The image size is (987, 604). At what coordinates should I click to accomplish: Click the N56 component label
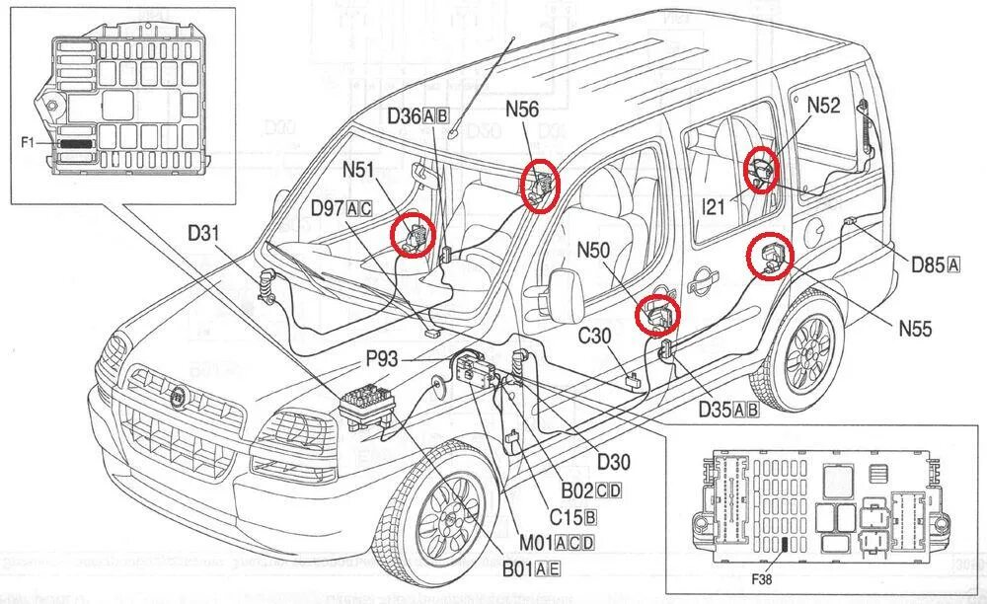click(x=522, y=110)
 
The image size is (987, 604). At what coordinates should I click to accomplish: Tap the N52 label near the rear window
click(x=823, y=106)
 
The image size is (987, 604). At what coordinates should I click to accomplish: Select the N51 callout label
click(x=358, y=171)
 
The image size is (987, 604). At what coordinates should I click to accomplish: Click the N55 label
click(x=915, y=329)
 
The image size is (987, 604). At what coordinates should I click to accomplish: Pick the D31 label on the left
click(x=206, y=235)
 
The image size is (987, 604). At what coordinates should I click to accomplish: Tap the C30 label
click(x=595, y=337)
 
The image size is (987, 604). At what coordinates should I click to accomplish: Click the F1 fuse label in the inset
click(x=28, y=143)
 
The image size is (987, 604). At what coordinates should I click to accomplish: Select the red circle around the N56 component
click(x=540, y=184)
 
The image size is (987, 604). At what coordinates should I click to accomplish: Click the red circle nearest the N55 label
click(x=770, y=258)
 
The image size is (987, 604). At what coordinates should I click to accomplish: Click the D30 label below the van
click(x=612, y=460)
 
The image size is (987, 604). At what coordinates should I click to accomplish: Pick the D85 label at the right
click(x=928, y=264)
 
